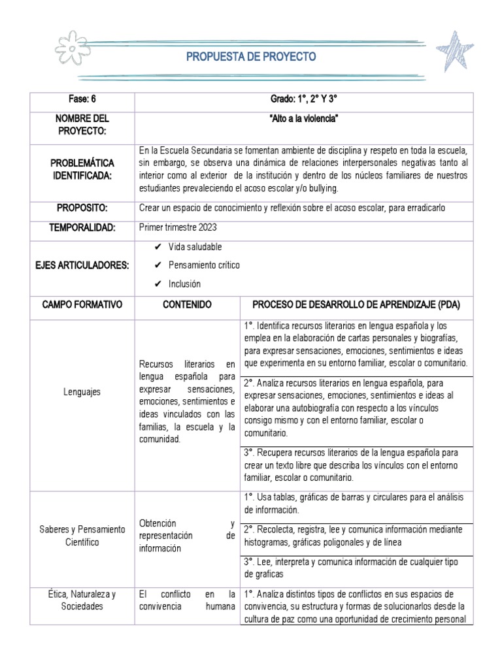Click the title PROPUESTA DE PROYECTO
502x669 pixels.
pos(251,57)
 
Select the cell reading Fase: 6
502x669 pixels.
pos(82,99)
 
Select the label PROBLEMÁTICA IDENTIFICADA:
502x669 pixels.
pos(82,169)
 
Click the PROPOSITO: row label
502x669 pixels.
pos(82,208)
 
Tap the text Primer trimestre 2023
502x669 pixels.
pos(176,227)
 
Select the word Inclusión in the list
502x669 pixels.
pos(184,284)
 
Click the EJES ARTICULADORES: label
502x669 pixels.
pos(82,265)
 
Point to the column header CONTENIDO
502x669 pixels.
pos(188,304)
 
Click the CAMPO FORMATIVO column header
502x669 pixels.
pos(82,304)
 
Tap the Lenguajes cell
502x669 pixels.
pos(82,392)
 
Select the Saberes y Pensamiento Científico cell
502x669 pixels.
pos(82,536)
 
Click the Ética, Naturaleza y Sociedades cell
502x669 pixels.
pos(82,600)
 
